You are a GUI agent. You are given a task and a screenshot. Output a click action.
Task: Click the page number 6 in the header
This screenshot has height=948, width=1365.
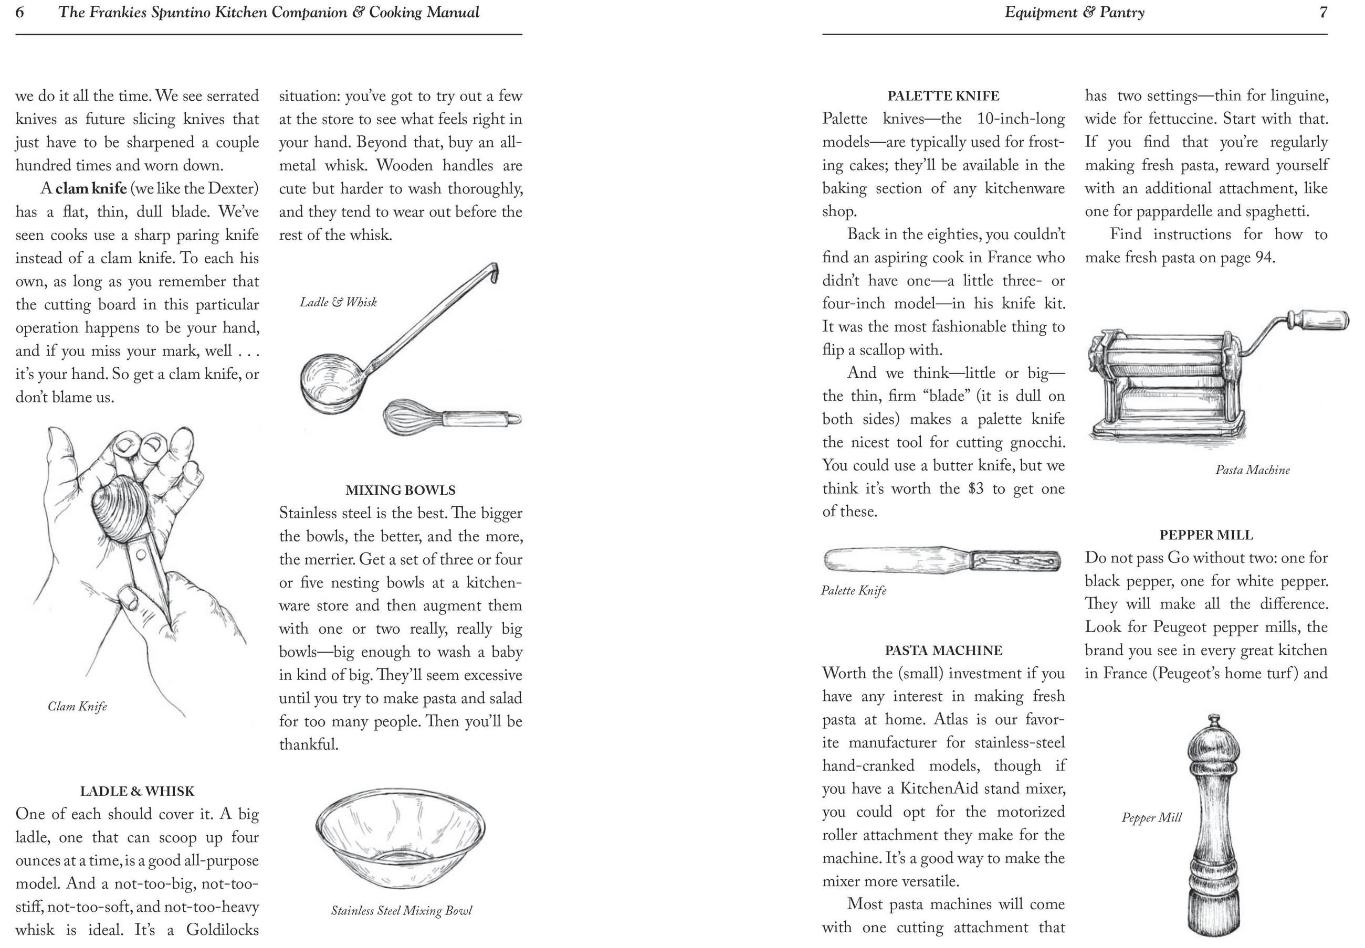click(19, 13)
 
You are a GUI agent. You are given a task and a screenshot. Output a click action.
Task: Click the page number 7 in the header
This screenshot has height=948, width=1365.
click(1323, 13)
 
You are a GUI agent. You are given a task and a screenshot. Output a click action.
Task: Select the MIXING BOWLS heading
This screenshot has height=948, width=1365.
click(400, 490)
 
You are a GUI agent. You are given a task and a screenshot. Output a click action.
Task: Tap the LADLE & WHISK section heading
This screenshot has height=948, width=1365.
click(137, 791)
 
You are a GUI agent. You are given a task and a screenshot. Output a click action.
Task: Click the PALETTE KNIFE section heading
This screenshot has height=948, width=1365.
click(943, 95)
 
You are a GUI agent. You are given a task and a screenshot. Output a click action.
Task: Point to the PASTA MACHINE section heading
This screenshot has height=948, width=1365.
click(943, 651)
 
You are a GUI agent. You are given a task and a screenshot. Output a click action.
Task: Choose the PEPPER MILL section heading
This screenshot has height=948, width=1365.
click(1206, 535)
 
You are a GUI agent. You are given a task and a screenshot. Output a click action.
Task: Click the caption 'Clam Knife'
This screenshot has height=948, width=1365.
click(77, 706)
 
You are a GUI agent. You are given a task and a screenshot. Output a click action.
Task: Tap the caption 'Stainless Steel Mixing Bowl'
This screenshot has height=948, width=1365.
click(401, 911)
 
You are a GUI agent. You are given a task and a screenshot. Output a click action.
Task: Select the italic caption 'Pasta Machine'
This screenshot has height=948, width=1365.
click(1252, 470)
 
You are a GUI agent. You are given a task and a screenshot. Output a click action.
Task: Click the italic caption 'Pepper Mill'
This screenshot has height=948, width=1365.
click(1151, 817)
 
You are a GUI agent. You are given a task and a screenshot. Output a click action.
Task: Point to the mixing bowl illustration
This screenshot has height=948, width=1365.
click(400, 837)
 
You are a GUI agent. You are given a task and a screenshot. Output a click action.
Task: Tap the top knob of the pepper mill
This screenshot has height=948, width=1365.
click(1207, 722)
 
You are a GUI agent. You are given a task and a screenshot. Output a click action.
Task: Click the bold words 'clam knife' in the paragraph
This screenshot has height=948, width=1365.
click(91, 188)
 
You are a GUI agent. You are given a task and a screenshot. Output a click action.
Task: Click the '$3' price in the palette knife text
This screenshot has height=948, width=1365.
click(976, 488)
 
